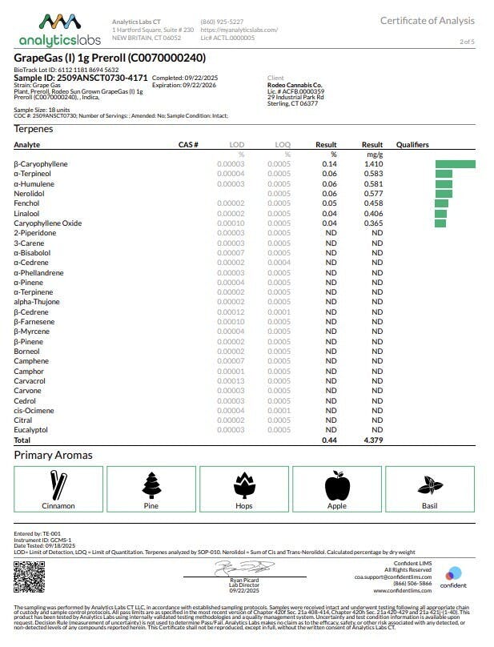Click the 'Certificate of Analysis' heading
pyautogui.click(x=427, y=21)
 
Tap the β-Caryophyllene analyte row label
pyautogui.click(x=41, y=163)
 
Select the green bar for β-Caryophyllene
pyautogui.click(x=455, y=163)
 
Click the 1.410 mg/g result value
pyautogui.click(x=373, y=163)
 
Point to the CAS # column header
pyautogui.click(x=187, y=145)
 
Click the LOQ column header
pyautogui.click(x=283, y=145)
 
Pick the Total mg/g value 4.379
pyautogui.click(x=373, y=440)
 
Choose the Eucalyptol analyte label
pyautogui.click(x=31, y=430)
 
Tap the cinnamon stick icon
pyautogui.click(x=58, y=485)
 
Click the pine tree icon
pyautogui.click(x=151, y=485)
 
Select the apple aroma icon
pyautogui.click(x=337, y=485)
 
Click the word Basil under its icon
pyautogui.click(x=429, y=506)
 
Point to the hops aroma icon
pyautogui.click(x=244, y=485)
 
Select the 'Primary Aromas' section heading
pyautogui.click(x=53, y=455)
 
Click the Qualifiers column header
pyautogui.click(x=412, y=145)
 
